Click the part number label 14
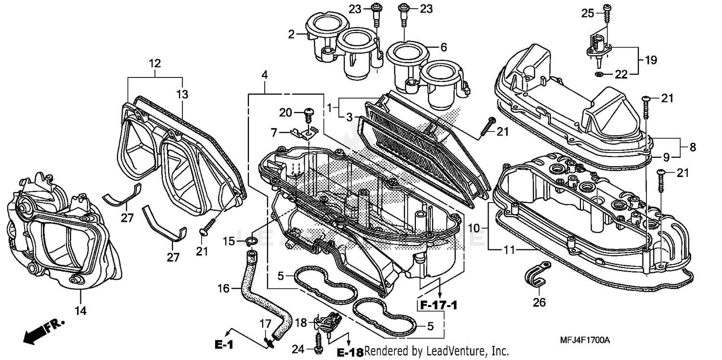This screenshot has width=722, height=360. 80,311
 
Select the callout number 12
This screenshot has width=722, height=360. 155,63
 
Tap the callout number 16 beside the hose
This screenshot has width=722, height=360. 224,289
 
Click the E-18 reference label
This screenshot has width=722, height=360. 349,352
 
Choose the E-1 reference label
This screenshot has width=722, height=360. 224,345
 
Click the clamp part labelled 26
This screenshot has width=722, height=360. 538,272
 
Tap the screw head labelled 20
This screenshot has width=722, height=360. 308,114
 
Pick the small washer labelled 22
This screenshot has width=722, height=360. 598,74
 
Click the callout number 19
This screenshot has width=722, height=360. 651,60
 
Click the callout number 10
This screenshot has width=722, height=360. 474,228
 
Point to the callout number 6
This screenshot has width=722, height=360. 443,47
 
